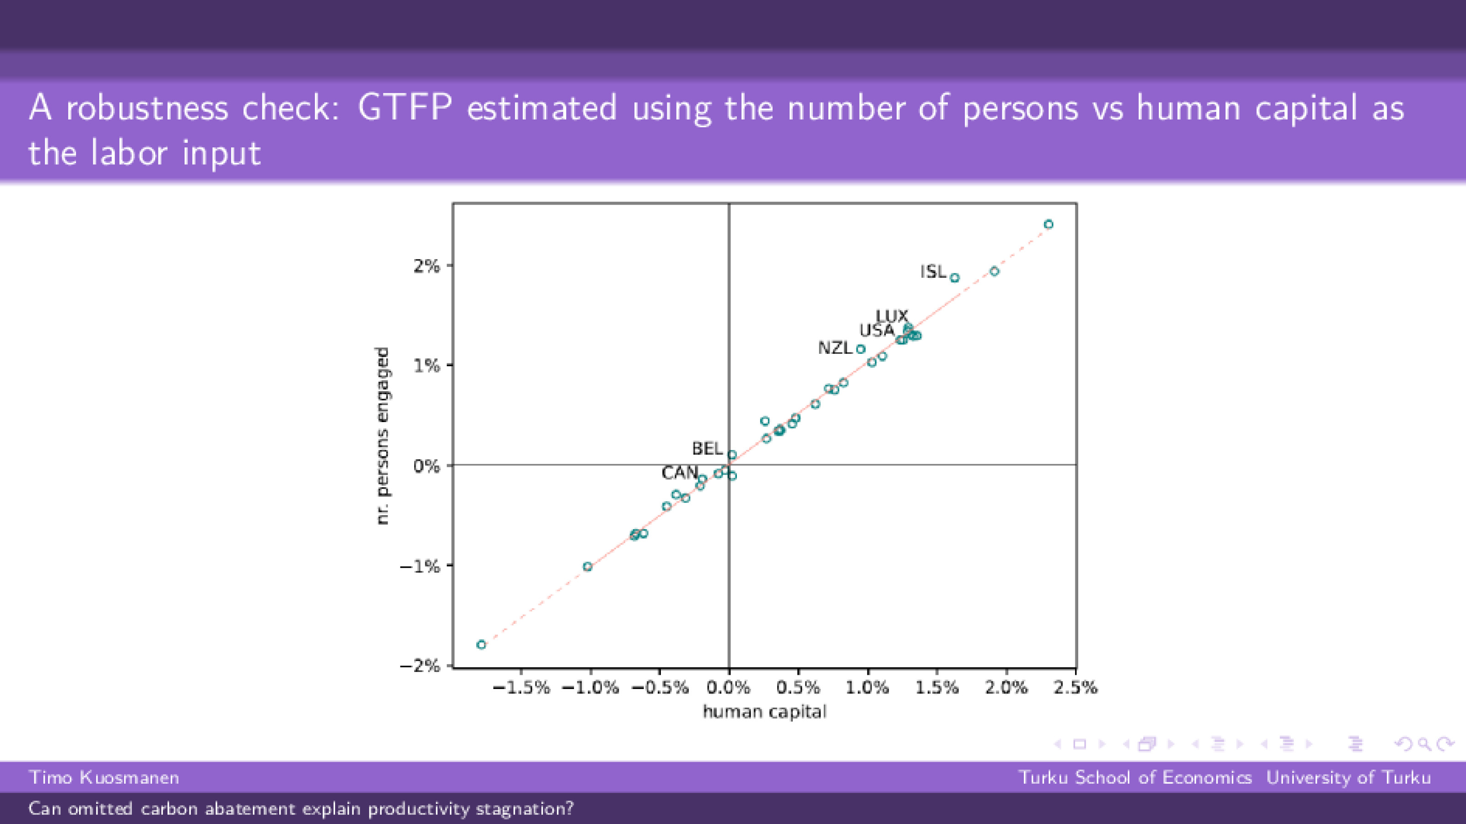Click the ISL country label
click(x=933, y=271)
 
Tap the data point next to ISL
click(x=955, y=278)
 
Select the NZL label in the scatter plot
click(x=834, y=348)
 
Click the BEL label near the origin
click(x=707, y=449)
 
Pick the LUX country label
click(x=891, y=316)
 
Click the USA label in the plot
click(x=876, y=331)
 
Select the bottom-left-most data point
click(x=481, y=645)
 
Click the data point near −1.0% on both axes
click(x=588, y=567)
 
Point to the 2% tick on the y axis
click(x=427, y=266)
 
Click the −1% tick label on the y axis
click(x=420, y=566)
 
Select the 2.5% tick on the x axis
click(x=1075, y=688)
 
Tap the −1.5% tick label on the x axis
click(x=521, y=688)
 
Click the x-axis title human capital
click(x=764, y=712)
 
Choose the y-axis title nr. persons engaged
click(x=383, y=435)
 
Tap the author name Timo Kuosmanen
click(x=104, y=777)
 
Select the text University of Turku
click(x=1348, y=777)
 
